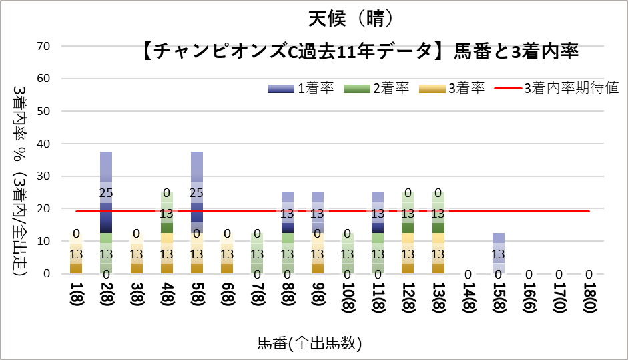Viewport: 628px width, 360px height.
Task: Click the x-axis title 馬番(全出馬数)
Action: click(310, 343)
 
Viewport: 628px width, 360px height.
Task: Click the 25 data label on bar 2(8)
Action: click(106, 193)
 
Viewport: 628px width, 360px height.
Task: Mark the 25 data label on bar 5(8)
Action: click(196, 193)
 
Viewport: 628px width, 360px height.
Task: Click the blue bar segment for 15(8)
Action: click(498, 253)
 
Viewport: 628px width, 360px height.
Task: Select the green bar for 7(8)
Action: click(257, 254)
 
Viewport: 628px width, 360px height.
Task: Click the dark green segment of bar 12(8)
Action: click(407, 227)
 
